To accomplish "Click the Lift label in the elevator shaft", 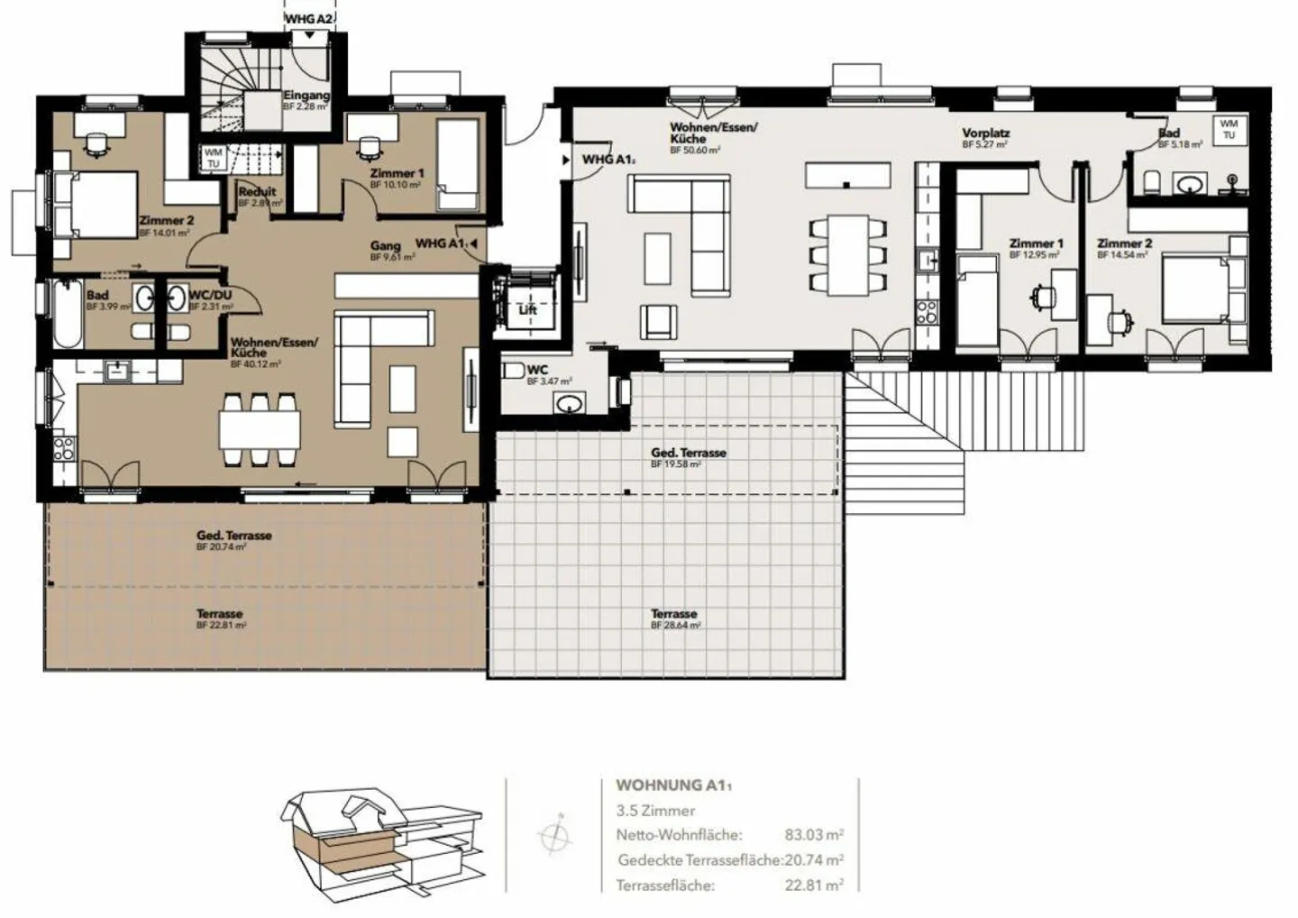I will [527, 309].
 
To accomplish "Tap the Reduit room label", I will [257, 192].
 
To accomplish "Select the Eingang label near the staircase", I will [306, 96].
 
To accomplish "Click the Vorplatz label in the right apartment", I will [985, 133].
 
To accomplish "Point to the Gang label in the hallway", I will [385, 246].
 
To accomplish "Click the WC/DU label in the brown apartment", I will [210, 296].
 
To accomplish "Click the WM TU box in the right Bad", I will [1229, 129].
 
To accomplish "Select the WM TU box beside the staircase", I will [213, 159].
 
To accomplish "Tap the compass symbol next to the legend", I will [554, 836].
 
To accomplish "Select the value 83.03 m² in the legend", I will [813, 835].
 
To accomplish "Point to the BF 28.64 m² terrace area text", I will [675, 624].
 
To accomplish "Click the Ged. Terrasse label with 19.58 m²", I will [689, 453].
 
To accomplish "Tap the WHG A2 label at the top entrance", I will [309, 18].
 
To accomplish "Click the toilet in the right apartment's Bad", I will [1152, 183].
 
